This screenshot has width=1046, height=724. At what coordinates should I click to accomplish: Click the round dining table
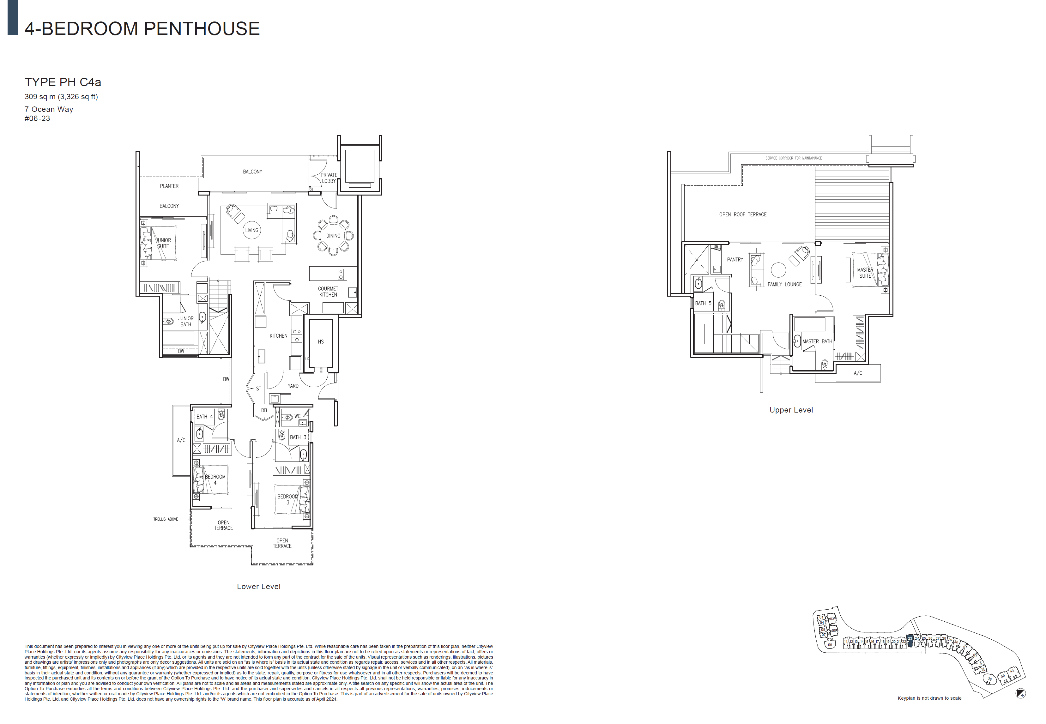point(333,235)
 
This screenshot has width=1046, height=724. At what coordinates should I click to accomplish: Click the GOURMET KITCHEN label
point(328,292)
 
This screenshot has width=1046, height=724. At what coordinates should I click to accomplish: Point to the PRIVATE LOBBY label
point(329,178)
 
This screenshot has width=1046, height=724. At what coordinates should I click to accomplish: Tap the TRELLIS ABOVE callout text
point(165,519)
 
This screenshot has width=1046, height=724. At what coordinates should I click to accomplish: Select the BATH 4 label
point(204,416)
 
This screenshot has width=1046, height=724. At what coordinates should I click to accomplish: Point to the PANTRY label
point(735,259)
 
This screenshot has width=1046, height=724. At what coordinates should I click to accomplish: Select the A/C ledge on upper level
point(858,373)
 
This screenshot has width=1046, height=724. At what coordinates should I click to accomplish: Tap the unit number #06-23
point(37,118)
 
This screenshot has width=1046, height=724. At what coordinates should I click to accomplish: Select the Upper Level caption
point(791,410)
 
